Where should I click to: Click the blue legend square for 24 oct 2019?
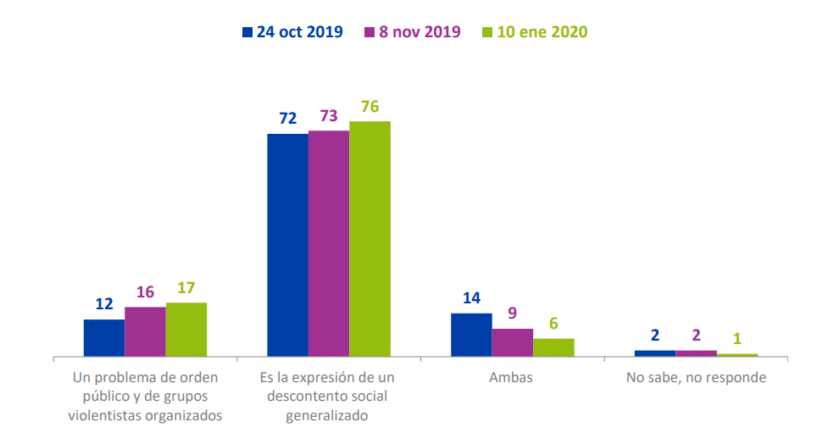click(247, 32)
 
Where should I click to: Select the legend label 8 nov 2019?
click(419, 32)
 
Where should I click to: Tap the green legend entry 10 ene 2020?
click(542, 32)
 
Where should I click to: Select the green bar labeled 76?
click(370, 238)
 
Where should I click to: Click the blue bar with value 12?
click(104, 337)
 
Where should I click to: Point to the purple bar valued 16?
click(145, 331)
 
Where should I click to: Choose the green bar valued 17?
click(186, 329)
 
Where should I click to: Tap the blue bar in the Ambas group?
click(471, 335)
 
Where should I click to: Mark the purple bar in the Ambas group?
click(513, 342)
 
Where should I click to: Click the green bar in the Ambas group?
click(553, 347)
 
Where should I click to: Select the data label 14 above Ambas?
click(471, 297)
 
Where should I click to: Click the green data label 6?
click(553, 323)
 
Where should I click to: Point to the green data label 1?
click(737, 339)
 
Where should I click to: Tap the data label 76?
click(370, 107)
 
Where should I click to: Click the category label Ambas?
click(511, 378)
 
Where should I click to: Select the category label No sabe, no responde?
click(696, 378)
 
